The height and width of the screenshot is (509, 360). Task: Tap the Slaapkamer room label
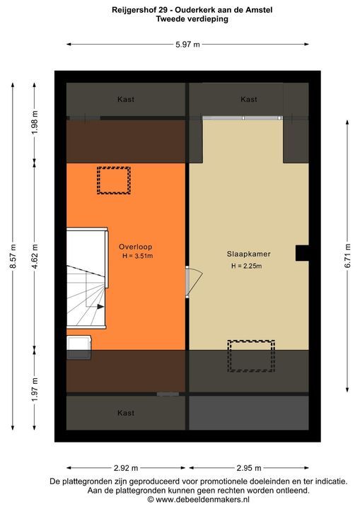[x=249, y=253]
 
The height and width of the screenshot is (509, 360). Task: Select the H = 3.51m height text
[x=137, y=256]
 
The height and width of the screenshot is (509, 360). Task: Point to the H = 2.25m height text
[x=246, y=266]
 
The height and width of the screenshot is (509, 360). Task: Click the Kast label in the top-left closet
[x=126, y=100]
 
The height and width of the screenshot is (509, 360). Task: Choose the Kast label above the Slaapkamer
[x=248, y=100]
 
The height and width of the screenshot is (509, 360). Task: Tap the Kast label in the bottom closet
[x=126, y=413]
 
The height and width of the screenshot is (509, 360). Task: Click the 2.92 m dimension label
[x=126, y=467]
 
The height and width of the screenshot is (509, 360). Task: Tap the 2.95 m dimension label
[x=248, y=467]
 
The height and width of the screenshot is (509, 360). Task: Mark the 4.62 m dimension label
[x=34, y=254]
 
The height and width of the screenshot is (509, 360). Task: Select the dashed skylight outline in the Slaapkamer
[x=250, y=356]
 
